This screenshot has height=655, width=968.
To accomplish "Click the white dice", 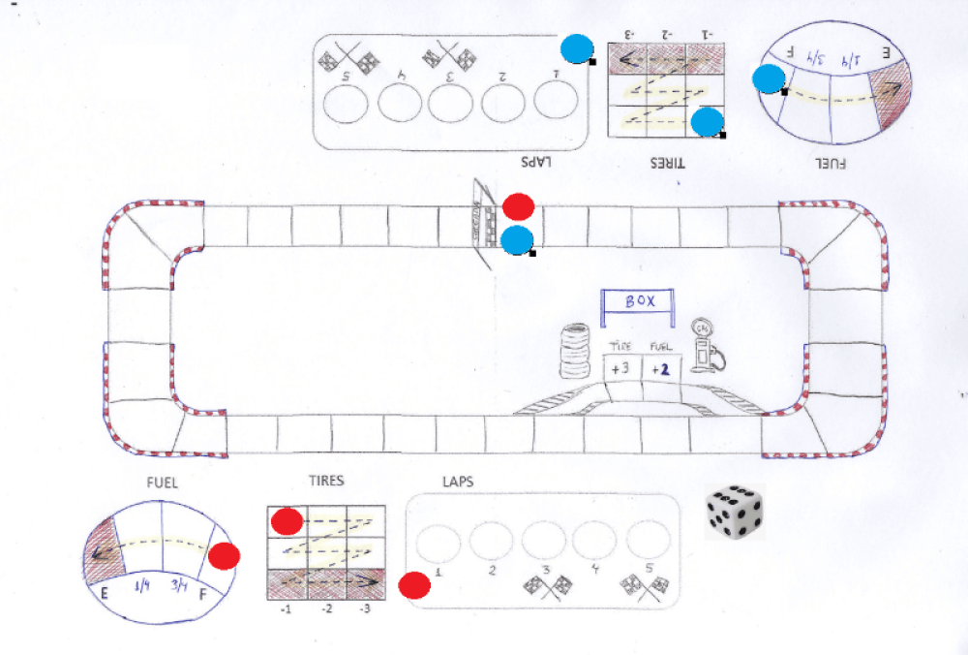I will pos(735,511).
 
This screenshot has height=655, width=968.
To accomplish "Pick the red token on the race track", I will pos(519,206).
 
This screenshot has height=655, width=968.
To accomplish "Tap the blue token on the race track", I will pos(518,239).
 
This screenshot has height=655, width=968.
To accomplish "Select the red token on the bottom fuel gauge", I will pos(225,556).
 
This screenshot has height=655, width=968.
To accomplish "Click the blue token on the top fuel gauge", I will pos(770,79).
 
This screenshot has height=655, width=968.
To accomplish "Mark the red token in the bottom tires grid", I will pos(287,521).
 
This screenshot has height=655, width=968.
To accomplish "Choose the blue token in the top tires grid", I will pos(708,121).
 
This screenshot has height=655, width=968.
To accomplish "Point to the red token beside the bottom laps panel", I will pos(414,585).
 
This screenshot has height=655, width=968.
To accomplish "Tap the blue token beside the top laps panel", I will pos(577,47).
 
